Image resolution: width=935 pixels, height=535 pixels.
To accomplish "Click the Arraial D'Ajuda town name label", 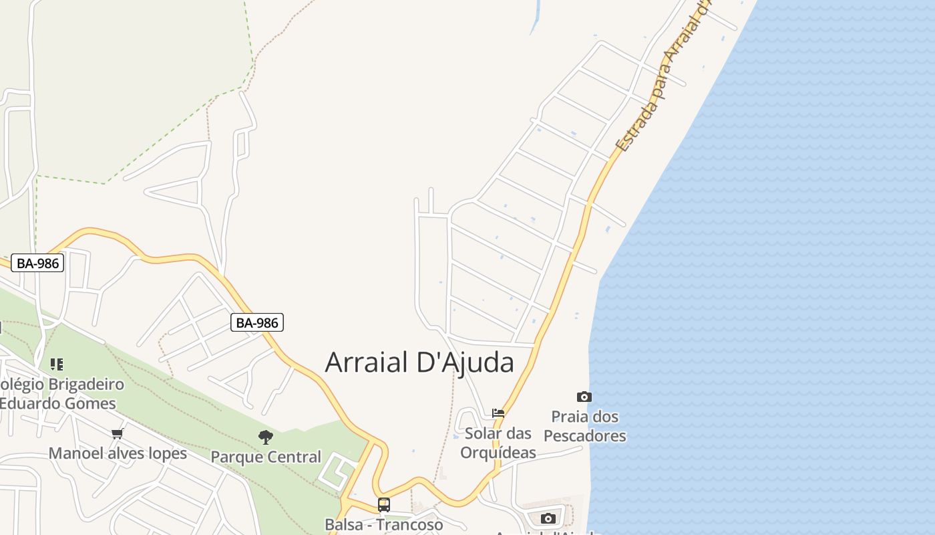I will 419,362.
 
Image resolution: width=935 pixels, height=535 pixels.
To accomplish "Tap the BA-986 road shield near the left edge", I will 38,263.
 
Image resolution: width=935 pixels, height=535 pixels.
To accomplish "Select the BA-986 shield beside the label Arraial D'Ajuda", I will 258,322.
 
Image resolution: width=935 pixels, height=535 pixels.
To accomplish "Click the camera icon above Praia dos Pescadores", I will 584,397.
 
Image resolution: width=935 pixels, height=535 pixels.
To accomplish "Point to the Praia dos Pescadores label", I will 585,427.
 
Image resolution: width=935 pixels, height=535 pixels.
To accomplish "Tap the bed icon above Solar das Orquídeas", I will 498,413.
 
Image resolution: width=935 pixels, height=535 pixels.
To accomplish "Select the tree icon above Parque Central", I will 266,437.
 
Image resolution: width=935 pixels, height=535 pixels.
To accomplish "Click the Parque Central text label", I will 266,457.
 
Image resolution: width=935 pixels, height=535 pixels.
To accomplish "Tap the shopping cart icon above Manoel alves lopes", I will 118,433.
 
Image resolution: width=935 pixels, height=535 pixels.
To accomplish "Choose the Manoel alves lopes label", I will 118,453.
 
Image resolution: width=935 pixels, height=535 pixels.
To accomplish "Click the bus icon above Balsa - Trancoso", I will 383,504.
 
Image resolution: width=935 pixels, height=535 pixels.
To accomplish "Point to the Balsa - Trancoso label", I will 383,524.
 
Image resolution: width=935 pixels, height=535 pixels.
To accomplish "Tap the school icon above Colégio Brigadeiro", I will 57,364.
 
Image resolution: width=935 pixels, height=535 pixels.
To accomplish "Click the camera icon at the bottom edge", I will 548,518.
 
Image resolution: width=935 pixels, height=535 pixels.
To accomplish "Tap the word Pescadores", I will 585,437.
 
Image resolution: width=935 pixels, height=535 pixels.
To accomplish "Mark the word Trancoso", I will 411,524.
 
